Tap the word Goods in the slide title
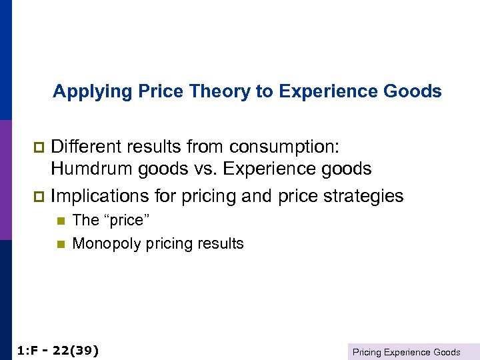pos(416,91)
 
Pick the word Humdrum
pos(93,169)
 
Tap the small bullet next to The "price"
pos(59,221)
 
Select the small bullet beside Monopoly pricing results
pos(59,244)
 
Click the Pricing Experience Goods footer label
pos(406,351)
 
